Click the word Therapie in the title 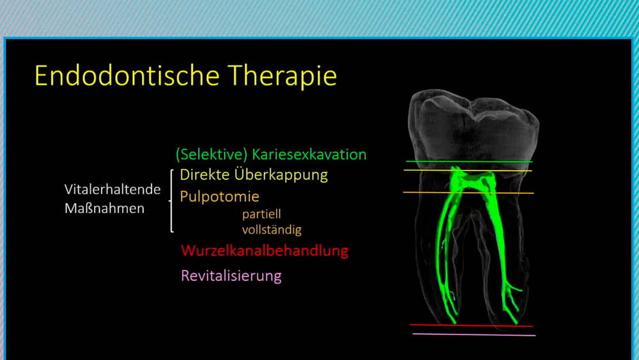point(282,77)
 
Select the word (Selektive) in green point(212,155)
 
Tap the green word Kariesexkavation point(309,155)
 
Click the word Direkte point(204,175)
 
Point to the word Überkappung point(281,175)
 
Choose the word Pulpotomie point(220,196)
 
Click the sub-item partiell point(261,214)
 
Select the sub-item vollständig point(272,230)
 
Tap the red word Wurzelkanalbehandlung point(265,250)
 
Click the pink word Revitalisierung point(231,276)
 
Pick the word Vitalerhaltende point(112,189)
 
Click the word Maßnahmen point(105,208)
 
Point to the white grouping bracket point(171,201)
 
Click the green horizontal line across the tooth point(469,162)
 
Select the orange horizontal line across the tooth point(468,192)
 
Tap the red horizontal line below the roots point(472,325)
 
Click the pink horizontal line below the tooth point(474,334)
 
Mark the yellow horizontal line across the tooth point(468,170)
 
